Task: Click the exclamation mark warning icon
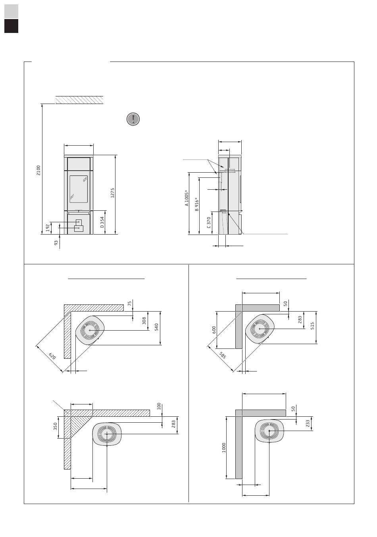133,119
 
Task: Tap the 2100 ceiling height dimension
38,170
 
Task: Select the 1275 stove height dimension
113,193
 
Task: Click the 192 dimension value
48,228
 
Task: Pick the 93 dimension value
56,242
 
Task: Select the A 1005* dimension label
187,198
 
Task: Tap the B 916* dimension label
196,204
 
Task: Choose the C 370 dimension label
209,222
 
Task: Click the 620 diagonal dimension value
52,356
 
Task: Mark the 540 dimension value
157,327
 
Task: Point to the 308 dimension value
144,320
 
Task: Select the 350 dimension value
56,426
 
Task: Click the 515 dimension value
313,326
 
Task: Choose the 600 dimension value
214,329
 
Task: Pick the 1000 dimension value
224,447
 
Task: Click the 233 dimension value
308,424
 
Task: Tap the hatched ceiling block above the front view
79,100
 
